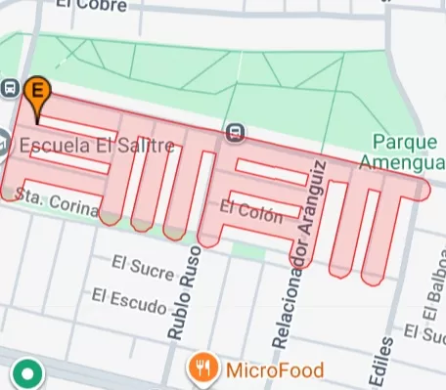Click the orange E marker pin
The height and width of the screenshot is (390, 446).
[37, 92]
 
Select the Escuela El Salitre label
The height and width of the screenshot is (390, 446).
[96, 147]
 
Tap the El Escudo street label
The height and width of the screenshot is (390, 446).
[129, 298]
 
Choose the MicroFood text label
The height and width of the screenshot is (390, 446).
[274, 369]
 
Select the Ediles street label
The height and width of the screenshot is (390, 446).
[384, 363]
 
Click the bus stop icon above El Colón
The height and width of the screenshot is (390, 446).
[235, 132]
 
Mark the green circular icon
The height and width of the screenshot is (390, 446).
[26, 372]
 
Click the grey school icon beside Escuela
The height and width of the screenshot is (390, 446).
[3, 143]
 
